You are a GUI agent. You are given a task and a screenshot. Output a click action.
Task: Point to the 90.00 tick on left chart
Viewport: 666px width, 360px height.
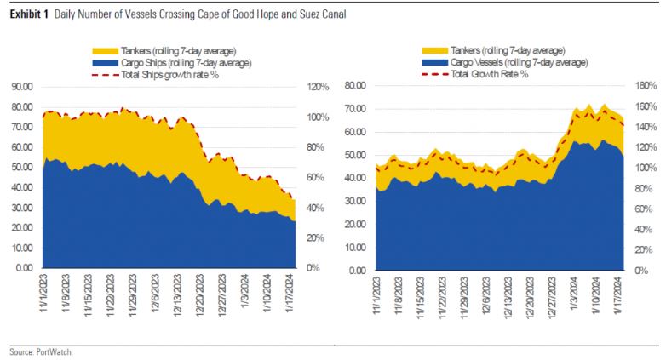[x=21, y=87]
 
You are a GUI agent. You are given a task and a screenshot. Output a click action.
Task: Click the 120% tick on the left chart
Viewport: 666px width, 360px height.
[x=318, y=87]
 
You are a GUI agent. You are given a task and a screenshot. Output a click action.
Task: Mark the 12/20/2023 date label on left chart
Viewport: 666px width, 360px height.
[x=204, y=294]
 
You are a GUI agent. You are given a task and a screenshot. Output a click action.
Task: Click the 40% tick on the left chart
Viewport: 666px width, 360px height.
[x=316, y=208]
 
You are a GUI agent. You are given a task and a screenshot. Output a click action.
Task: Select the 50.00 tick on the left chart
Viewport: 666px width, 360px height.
[x=21, y=168]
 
